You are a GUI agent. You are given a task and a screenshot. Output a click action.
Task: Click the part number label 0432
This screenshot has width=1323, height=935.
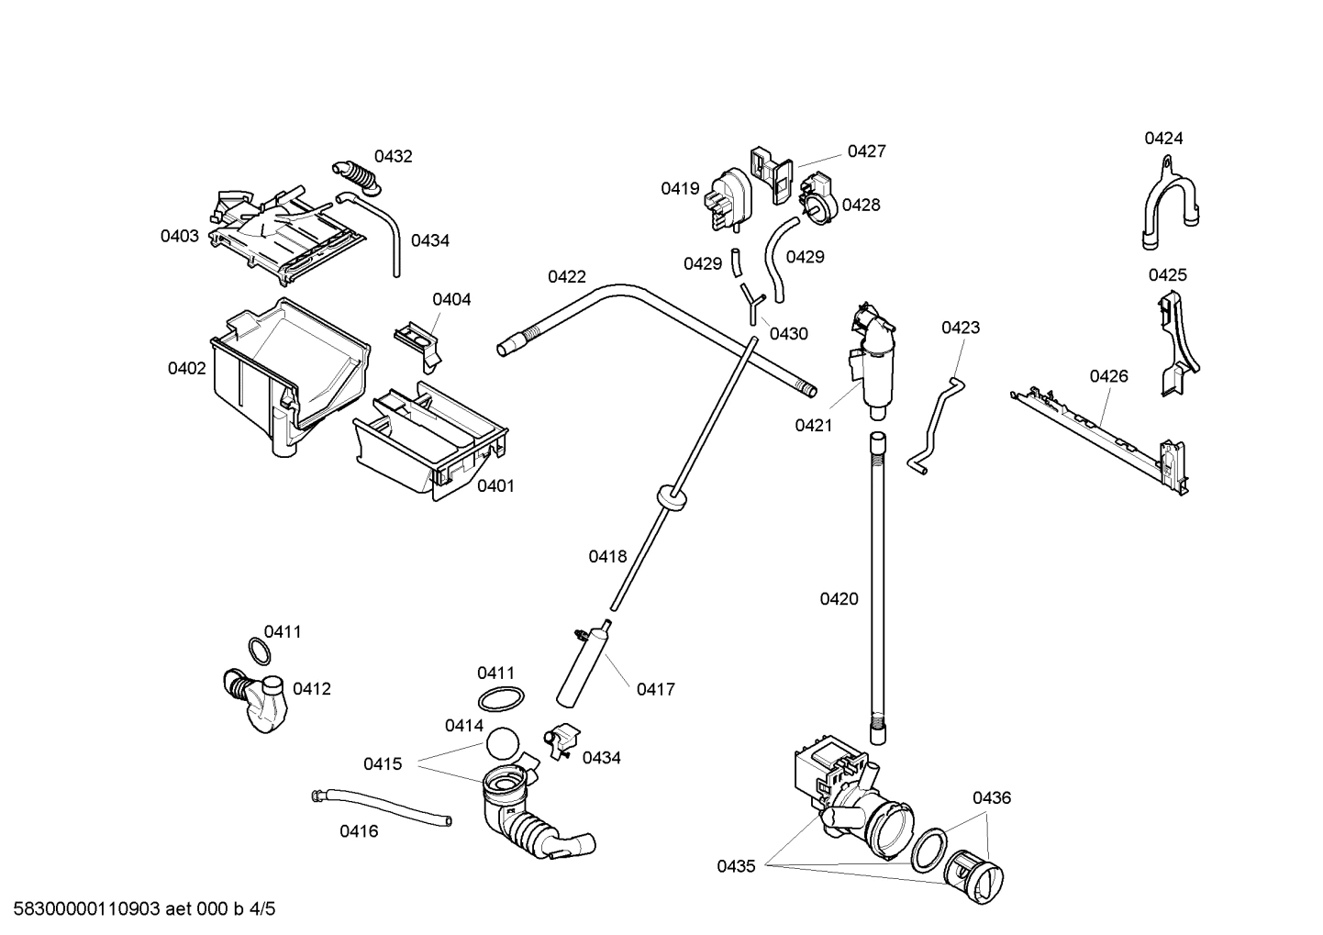point(393,156)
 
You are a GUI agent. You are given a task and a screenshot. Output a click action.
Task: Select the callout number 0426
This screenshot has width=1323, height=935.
point(1108,375)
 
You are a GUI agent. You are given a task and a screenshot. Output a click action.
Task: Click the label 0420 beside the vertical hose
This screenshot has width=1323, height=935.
point(839,599)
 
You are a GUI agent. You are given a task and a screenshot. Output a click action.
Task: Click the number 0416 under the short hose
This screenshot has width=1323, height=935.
point(359,831)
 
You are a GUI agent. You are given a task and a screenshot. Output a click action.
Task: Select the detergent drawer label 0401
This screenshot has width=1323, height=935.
point(495,485)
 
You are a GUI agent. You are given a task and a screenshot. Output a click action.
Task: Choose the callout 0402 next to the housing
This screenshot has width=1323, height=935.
point(186,368)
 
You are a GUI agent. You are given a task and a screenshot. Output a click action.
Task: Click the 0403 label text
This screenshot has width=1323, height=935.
point(180,236)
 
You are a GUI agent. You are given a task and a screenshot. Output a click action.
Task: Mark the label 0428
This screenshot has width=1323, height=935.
point(861,205)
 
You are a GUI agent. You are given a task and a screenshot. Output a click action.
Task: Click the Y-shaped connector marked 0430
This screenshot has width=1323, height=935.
point(751,303)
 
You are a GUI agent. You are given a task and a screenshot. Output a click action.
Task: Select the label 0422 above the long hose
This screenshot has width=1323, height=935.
point(566,276)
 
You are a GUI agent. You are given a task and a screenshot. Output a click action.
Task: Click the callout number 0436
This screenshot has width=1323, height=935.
point(992,797)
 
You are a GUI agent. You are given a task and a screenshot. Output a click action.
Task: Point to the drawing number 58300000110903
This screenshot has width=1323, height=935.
point(83,909)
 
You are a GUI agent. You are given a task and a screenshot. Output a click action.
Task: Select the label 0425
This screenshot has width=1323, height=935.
point(1167,274)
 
